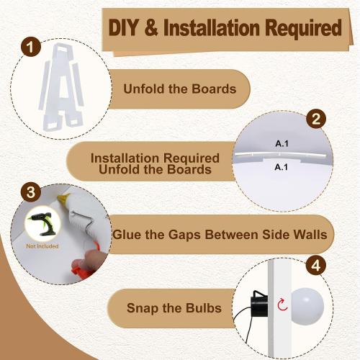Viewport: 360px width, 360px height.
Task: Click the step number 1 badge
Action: click(x=30, y=47)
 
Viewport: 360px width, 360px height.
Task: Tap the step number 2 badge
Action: click(x=316, y=118)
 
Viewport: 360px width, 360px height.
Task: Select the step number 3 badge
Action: click(x=30, y=192)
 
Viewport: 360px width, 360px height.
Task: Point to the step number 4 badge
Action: click(x=316, y=265)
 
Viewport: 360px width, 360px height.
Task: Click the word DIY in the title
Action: click(x=124, y=27)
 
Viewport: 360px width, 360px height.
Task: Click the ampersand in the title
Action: click(x=151, y=27)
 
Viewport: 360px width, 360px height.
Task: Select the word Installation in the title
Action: click(x=212, y=27)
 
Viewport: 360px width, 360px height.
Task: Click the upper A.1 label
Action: click(x=282, y=143)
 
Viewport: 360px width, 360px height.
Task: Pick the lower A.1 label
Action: click(x=282, y=167)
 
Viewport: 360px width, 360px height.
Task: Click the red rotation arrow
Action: click(x=282, y=305)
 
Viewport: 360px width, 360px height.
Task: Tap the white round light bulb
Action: click(x=307, y=306)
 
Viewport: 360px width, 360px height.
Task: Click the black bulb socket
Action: click(x=259, y=305)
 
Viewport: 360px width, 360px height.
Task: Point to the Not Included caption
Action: click(x=42, y=246)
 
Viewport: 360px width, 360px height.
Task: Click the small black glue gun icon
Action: click(x=42, y=223)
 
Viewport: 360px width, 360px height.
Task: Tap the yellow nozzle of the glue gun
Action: click(x=63, y=198)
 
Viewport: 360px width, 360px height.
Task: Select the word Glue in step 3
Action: click(x=127, y=234)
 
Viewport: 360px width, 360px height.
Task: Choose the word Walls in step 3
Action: click(x=311, y=234)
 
